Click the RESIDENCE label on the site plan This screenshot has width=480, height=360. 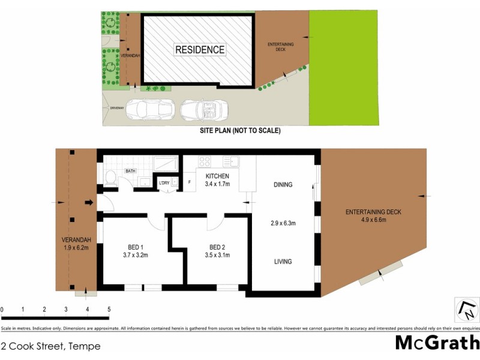200,50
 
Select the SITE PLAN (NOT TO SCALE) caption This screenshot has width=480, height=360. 240,130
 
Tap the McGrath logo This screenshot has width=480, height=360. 437,343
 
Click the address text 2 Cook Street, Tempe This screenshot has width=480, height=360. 51,346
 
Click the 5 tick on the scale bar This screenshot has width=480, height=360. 109,310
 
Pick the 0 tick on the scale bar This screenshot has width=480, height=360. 2,310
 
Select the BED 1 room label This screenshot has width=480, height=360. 135,247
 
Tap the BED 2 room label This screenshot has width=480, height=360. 217,247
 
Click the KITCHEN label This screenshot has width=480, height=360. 217,176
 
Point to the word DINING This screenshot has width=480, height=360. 283,185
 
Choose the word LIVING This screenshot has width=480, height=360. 283,262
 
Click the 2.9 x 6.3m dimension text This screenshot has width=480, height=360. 283,223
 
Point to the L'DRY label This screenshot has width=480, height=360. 164,183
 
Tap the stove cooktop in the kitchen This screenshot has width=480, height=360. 205,161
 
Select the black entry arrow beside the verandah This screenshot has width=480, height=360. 89,203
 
